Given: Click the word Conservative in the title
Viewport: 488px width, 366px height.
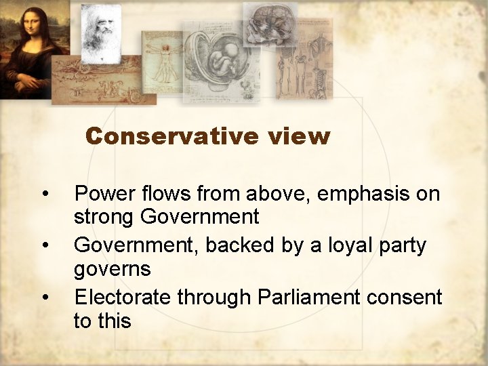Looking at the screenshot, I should (x=172, y=136).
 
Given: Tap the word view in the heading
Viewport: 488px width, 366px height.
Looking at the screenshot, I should (x=298, y=136).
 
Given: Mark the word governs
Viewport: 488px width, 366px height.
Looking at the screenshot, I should (x=113, y=269).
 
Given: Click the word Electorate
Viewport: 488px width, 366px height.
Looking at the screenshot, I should (x=123, y=297).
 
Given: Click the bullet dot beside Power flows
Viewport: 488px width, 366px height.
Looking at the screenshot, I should (x=45, y=195).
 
